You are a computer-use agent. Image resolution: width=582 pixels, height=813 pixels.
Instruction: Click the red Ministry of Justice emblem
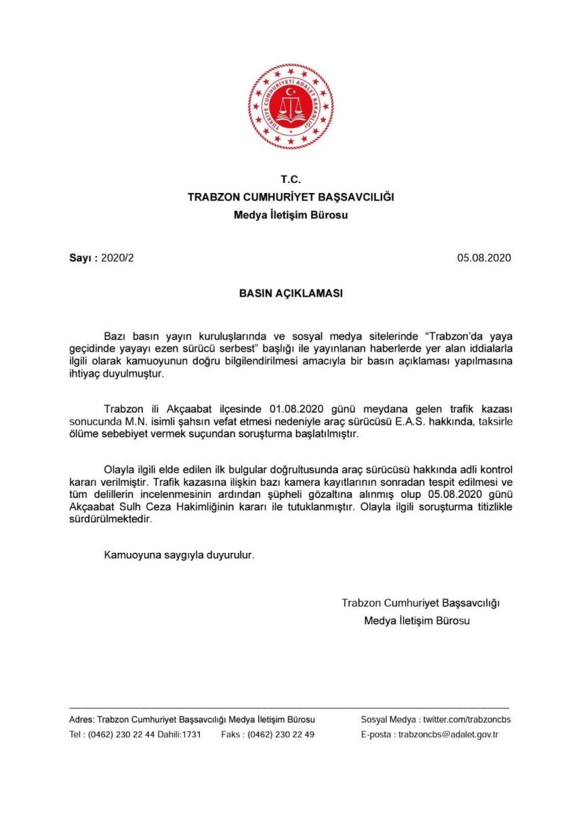[x=291, y=106]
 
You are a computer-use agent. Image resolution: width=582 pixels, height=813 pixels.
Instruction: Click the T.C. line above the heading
[x=291, y=180]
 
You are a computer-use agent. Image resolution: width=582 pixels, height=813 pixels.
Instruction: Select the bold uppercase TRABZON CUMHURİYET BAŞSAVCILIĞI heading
[x=291, y=197]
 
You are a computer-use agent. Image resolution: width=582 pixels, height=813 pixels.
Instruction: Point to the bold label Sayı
[x=82, y=258]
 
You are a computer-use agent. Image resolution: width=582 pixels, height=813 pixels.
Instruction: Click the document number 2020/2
[x=122, y=258]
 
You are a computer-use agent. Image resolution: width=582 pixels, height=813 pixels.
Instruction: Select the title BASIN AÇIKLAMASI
[x=291, y=295]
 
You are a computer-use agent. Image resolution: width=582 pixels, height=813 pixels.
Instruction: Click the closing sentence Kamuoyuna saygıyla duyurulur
[x=179, y=555]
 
